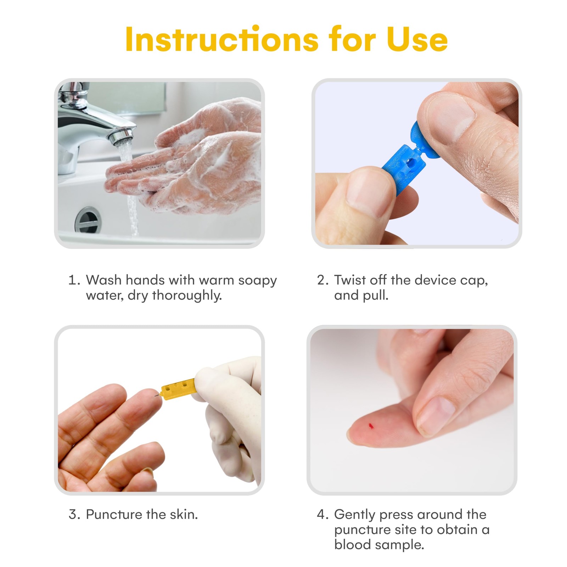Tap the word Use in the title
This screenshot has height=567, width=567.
[x=417, y=39]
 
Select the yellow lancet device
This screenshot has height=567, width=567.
[x=178, y=389]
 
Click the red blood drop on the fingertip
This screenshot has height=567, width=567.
[x=371, y=426]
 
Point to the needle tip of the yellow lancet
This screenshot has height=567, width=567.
[x=155, y=396]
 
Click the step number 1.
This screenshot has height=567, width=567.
[x=74, y=280]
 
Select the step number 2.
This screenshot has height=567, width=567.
[x=323, y=280]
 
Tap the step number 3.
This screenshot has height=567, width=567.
[x=74, y=514]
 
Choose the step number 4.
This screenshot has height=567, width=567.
[x=323, y=514]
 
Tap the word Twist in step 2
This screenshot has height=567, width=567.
[x=349, y=280]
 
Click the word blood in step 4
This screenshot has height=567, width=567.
[x=352, y=544]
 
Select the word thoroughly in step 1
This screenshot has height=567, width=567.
[x=187, y=296]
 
